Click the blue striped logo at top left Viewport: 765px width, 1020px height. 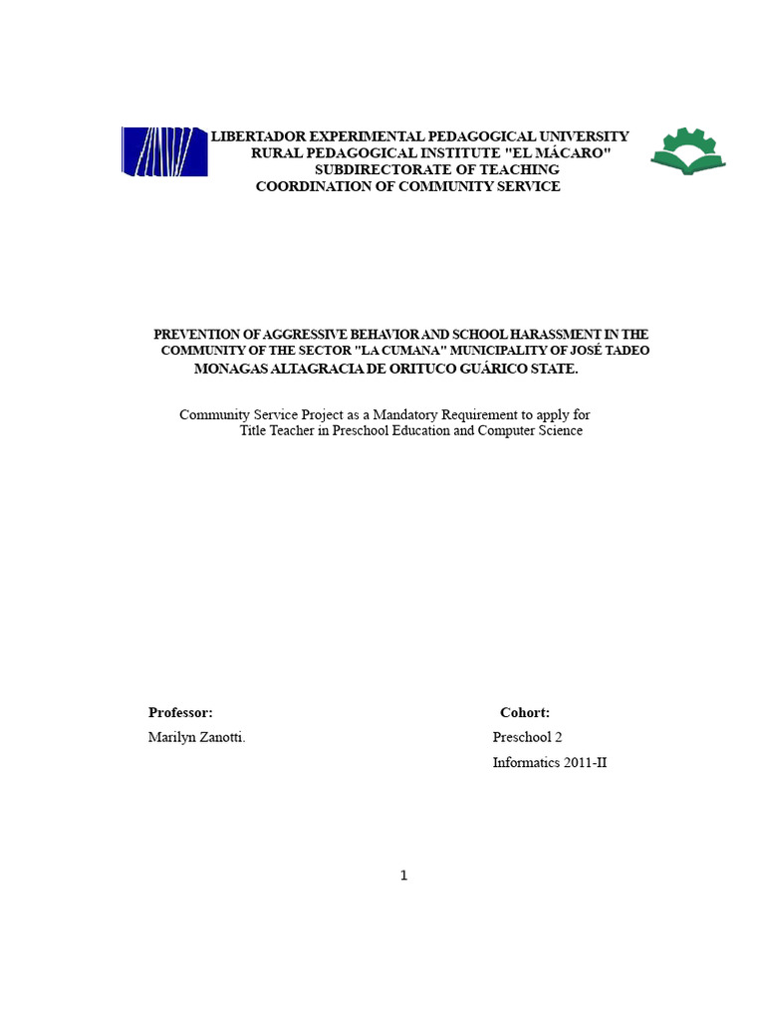point(164,151)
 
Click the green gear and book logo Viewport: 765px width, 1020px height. point(688,151)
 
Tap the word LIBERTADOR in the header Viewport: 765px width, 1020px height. point(258,135)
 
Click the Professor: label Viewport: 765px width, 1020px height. point(180,712)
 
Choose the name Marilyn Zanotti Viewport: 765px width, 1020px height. point(196,738)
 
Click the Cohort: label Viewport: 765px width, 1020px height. point(525,712)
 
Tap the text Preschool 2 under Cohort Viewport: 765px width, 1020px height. point(527,738)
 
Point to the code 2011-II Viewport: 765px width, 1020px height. point(583,764)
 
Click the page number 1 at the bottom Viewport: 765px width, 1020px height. point(403,876)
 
